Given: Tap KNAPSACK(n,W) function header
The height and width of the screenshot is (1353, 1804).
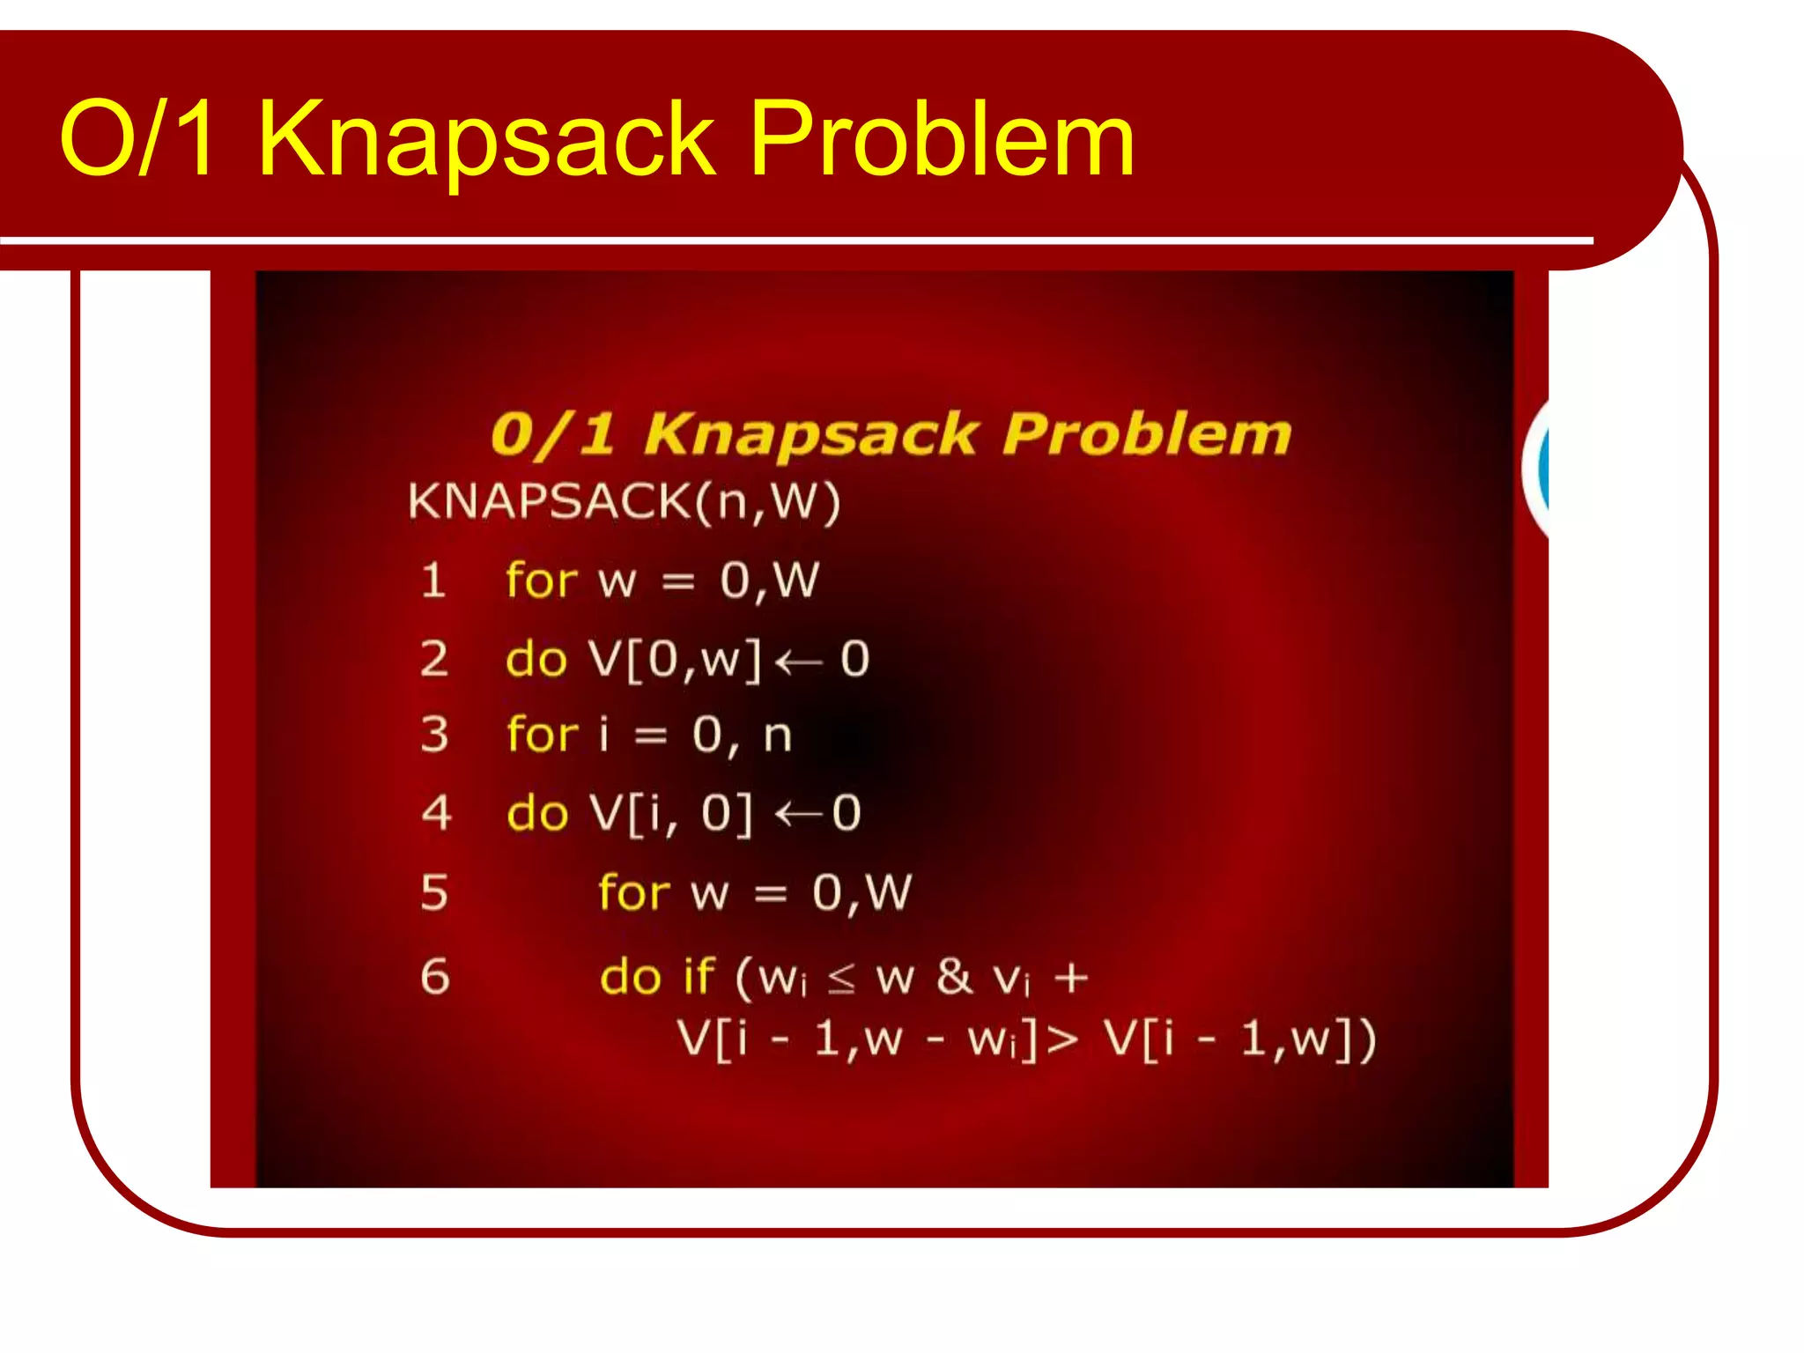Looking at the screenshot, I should coord(624,502).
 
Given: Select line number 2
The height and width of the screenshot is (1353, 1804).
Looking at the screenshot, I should coord(434,659).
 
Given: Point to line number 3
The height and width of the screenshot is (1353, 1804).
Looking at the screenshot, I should coord(434,735).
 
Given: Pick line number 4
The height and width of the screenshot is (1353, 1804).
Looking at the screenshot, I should coord(436,812).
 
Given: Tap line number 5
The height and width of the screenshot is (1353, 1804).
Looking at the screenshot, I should coord(434,892).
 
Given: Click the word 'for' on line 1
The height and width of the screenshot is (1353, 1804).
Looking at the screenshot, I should coord(541,580).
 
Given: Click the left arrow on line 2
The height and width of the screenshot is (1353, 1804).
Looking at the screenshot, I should coord(799,662).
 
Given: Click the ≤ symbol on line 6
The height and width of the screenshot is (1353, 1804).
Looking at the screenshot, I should coord(841,978).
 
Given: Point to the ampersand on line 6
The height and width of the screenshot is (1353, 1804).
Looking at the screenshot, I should coord(954,976).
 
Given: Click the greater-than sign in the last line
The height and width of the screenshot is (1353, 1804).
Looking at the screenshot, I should coord(1062,1040).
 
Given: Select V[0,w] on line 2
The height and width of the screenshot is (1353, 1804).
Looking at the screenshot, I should coord(674,659).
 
